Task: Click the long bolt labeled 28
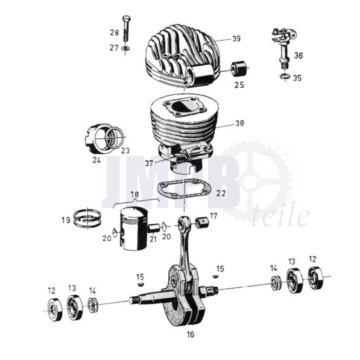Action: [126, 29]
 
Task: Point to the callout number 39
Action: [236, 39]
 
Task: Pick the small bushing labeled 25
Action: [237, 69]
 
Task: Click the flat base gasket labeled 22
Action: [184, 187]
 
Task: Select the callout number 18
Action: [135, 194]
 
